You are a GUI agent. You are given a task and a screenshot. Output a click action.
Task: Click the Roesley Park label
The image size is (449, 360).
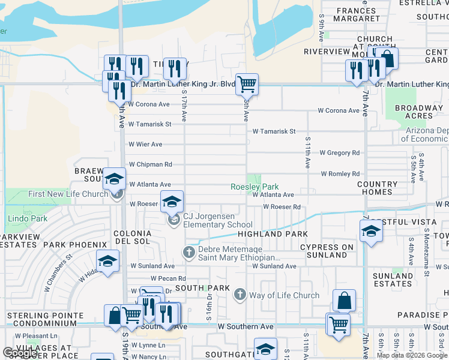click(x=255, y=187)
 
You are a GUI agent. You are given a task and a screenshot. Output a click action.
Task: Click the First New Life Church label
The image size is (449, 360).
click(x=68, y=194)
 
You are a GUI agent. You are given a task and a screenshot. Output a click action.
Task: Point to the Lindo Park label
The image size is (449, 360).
click(x=27, y=219)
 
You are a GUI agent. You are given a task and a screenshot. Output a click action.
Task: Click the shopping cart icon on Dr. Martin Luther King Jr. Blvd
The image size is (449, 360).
click(x=246, y=84)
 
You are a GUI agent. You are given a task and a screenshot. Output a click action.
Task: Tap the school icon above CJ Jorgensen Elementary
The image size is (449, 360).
click(x=171, y=201)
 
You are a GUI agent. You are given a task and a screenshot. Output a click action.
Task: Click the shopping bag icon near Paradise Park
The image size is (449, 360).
click(x=344, y=300)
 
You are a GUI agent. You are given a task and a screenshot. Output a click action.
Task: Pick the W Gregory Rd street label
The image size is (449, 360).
click(x=339, y=153)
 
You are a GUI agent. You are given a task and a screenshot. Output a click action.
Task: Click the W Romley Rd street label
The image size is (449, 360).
click(x=340, y=174)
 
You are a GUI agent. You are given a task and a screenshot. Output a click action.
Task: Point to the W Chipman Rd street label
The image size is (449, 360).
click(x=150, y=164)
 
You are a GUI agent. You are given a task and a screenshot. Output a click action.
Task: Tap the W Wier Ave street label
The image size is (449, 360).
click(x=145, y=145)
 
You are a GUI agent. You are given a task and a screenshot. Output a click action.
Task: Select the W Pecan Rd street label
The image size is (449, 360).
click(x=168, y=278)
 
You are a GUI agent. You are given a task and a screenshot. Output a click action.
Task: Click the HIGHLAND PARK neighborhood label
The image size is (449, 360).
click(x=273, y=234)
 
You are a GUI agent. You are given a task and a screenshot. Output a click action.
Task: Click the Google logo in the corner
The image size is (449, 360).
click(x=20, y=353)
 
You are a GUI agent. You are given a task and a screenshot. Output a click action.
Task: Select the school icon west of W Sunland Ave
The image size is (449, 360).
click(x=107, y=261)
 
